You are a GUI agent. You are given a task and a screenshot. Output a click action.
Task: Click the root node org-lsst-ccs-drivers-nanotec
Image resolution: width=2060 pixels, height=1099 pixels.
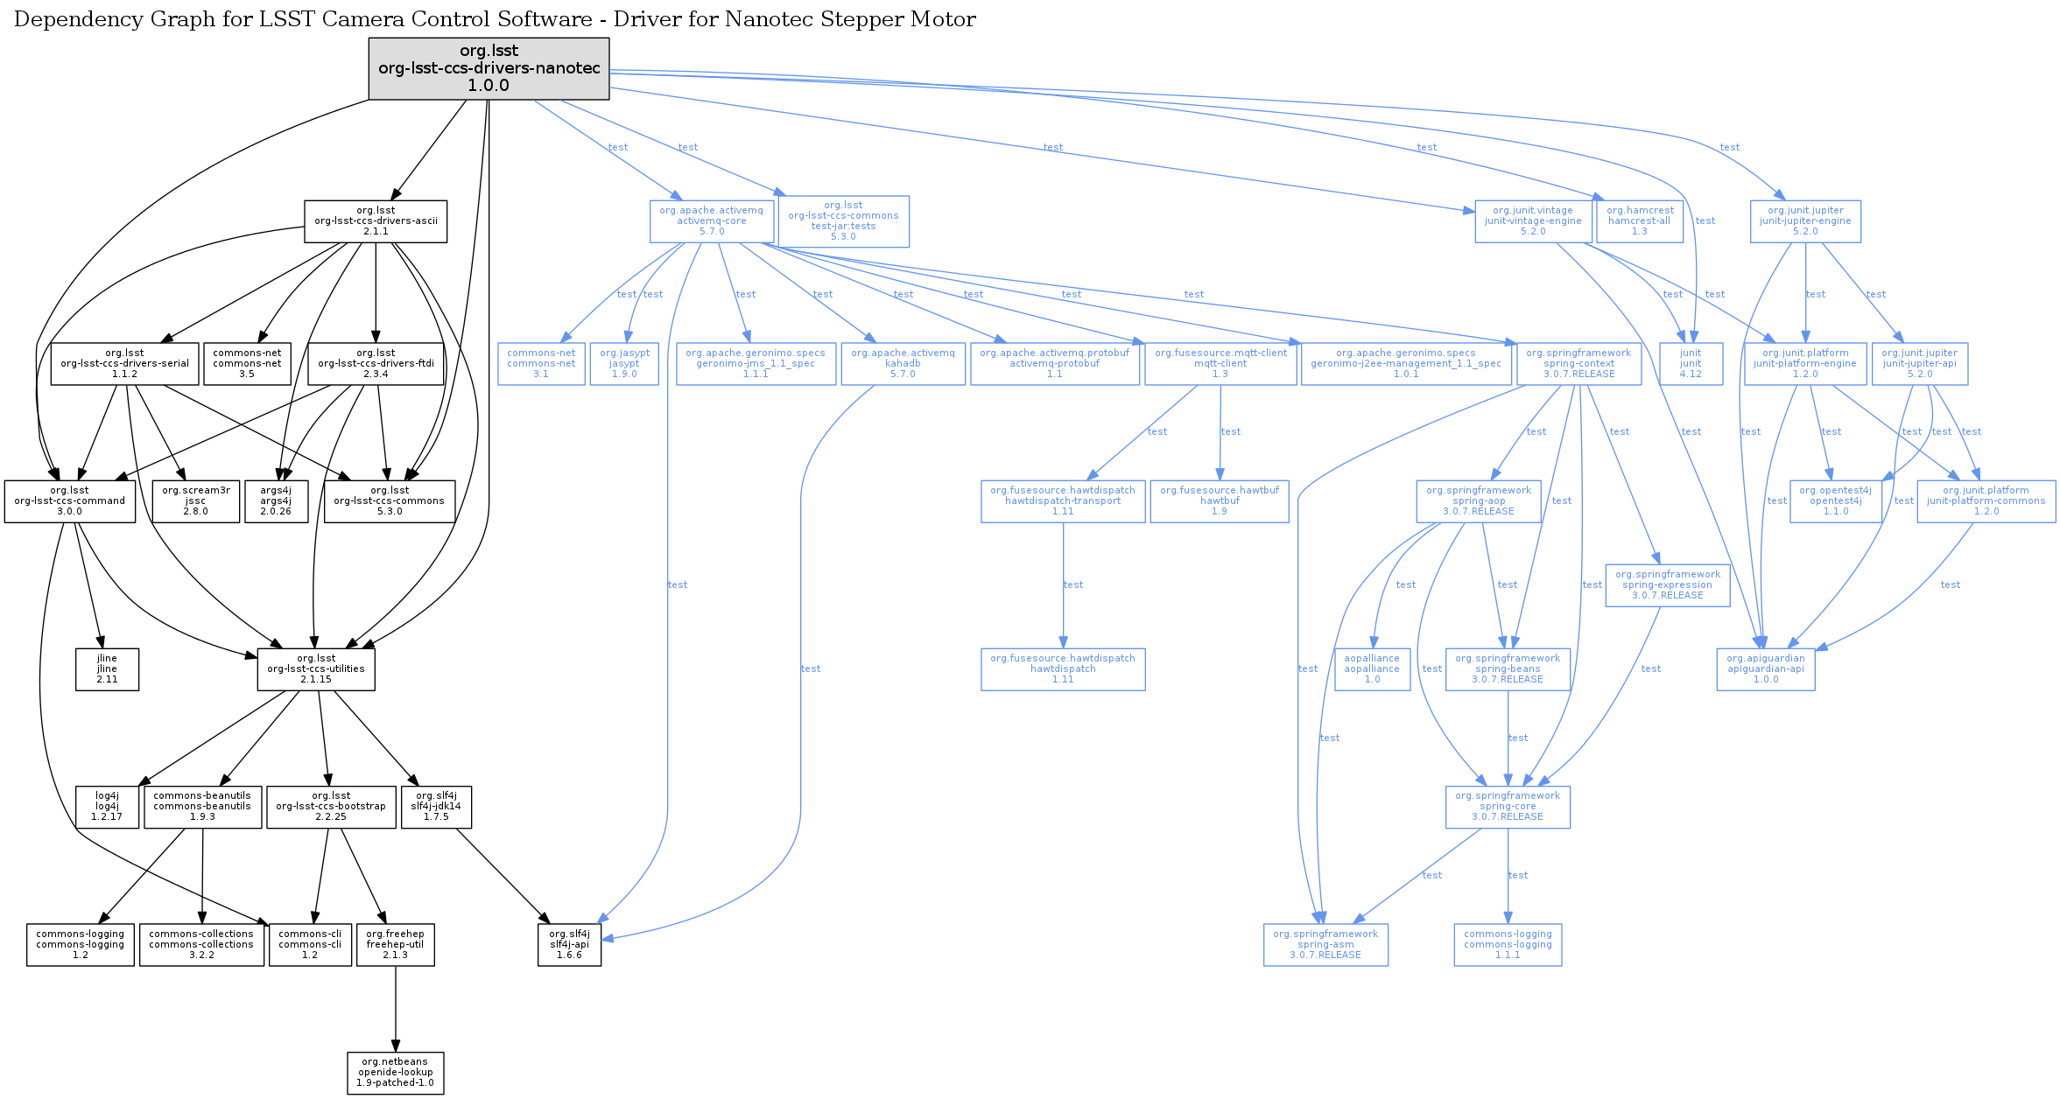(489, 68)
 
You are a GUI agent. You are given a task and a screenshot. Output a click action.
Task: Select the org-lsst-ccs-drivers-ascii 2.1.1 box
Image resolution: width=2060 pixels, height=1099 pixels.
(376, 221)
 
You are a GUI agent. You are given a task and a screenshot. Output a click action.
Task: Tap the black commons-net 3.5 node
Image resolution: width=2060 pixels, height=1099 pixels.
(247, 363)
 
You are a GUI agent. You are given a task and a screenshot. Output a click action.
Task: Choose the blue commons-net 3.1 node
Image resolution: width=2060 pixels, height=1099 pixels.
(541, 363)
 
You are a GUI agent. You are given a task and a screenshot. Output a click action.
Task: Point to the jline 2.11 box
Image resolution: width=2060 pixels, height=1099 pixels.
(107, 669)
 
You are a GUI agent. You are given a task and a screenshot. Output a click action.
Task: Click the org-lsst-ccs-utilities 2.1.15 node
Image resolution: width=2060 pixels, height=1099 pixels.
(316, 669)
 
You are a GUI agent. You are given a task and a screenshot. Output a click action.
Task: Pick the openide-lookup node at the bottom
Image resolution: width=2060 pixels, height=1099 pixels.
(396, 1073)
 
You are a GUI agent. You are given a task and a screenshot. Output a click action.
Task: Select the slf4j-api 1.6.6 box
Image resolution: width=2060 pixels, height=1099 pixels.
(570, 945)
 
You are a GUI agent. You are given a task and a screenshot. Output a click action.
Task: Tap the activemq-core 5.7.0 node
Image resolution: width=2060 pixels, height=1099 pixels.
(712, 221)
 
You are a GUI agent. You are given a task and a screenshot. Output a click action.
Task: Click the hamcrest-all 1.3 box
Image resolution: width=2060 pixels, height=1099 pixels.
(1640, 221)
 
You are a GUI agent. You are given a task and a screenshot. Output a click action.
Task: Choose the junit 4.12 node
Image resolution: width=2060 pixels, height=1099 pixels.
(1691, 363)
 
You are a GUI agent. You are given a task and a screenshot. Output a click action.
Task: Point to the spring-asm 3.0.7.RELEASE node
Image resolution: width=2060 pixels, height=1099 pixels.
(1325, 945)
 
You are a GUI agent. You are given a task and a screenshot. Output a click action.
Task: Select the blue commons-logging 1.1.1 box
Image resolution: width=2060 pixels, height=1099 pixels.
(1508, 945)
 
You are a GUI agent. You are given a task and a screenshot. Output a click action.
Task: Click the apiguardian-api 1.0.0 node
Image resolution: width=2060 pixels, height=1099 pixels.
(1766, 669)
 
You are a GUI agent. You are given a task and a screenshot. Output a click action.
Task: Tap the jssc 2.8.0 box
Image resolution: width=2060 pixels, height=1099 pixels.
(195, 501)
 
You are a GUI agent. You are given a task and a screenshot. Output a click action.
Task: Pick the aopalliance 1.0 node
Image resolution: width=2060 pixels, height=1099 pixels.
(1372, 669)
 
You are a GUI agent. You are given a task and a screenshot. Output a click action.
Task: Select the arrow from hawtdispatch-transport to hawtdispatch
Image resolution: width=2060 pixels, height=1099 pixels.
(1063, 585)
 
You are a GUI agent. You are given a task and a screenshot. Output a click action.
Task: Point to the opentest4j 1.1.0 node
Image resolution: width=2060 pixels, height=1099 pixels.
(1836, 501)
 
